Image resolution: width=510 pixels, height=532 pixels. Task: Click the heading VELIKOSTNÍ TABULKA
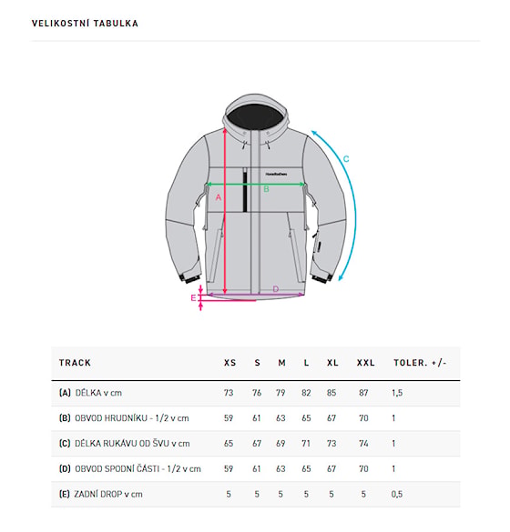(x=85, y=24)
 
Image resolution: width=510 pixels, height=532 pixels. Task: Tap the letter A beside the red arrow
(x=219, y=197)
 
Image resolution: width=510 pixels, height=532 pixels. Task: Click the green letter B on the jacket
(x=266, y=189)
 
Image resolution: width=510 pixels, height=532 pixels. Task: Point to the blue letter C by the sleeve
(x=346, y=159)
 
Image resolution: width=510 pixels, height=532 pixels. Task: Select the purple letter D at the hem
(x=276, y=289)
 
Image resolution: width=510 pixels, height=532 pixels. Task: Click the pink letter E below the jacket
(x=193, y=298)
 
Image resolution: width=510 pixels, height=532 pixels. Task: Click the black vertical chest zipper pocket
(x=245, y=190)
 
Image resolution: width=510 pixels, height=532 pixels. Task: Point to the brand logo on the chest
(x=276, y=174)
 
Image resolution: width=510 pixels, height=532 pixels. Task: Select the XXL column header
(x=365, y=363)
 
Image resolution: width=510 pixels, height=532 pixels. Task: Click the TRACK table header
(x=75, y=363)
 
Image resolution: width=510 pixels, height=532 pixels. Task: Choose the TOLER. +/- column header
(x=420, y=363)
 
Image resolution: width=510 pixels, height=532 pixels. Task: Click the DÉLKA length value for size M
(x=280, y=393)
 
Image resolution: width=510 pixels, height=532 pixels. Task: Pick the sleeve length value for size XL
(x=331, y=444)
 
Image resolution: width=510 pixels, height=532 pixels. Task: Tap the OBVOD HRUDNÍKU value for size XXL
(x=363, y=418)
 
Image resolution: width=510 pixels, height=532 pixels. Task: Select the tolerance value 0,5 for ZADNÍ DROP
(x=397, y=494)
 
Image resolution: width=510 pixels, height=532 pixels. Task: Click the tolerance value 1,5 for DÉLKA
(x=397, y=393)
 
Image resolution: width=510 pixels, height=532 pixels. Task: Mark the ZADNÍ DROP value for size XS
(x=229, y=494)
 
